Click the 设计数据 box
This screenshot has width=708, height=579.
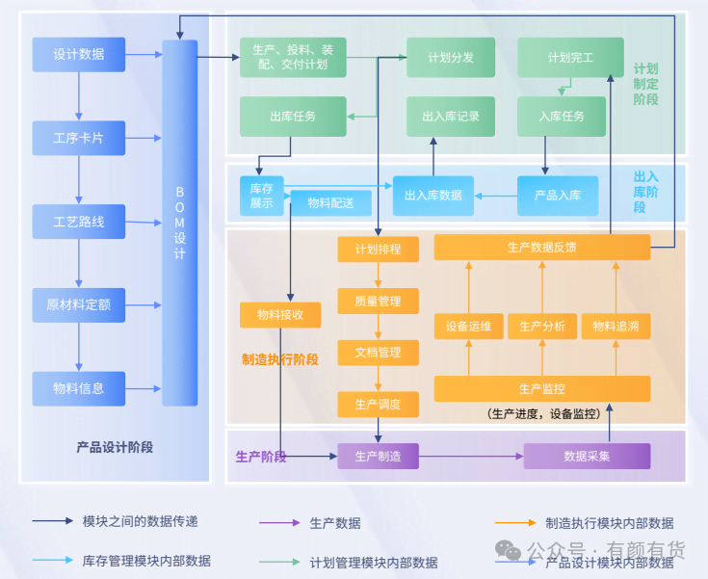click(79, 54)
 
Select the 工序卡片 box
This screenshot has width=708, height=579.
click(79, 139)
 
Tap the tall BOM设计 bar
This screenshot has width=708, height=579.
click(180, 222)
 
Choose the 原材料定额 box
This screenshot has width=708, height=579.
click(79, 305)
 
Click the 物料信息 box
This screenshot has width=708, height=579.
click(79, 388)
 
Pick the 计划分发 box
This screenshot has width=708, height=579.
click(451, 58)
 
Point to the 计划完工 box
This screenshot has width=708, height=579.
click(563, 58)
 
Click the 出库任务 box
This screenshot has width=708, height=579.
click(293, 117)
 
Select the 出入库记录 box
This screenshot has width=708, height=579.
click(451, 117)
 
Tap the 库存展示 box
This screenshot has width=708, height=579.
click(262, 196)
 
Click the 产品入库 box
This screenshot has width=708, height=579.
click(558, 196)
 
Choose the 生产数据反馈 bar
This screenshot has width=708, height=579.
click(541, 248)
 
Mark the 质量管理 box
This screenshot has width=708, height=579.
click(378, 302)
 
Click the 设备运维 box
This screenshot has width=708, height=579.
click(468, 327)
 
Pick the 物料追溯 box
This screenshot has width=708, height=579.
click(615, 327)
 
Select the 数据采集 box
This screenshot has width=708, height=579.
click(587, 456)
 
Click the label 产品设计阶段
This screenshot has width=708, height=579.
click(115, 447)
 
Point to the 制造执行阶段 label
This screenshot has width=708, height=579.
click(279, 359)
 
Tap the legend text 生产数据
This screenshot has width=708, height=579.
click(335, 523)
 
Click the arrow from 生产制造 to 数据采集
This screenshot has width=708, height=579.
click(471, 456)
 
